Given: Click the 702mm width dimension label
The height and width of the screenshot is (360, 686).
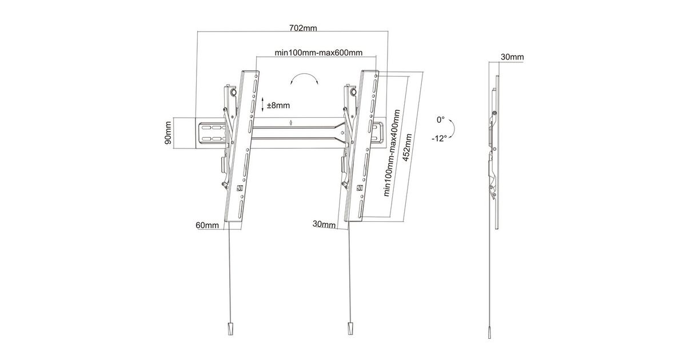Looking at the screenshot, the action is (303, 28).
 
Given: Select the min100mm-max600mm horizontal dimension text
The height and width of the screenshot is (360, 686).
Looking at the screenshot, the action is (318, 53).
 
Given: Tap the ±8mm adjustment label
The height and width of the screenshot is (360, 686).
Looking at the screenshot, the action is (278, 106).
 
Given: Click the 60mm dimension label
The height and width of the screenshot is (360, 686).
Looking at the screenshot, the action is (208, 225).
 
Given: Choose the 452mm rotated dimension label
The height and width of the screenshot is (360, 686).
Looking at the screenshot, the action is (408, 148).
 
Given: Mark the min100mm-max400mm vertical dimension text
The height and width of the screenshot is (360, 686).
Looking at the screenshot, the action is (392, 153).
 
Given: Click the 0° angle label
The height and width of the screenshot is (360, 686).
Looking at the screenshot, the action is (440, 119).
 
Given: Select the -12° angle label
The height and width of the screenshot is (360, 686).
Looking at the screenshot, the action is (439, 138).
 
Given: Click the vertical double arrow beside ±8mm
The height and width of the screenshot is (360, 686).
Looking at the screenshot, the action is (262, 105).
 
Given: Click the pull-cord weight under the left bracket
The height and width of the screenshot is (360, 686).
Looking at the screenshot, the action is (230, 329).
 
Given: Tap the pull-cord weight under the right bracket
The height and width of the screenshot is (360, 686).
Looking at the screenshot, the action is (350, 329).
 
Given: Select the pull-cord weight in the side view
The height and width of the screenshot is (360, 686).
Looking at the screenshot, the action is (489, 333).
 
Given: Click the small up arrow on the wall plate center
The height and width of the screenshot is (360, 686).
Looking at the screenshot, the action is (290, 123).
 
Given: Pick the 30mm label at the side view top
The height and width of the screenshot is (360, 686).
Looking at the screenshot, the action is (512, 57).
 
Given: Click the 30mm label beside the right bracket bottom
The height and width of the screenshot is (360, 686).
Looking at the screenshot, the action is (324, 224).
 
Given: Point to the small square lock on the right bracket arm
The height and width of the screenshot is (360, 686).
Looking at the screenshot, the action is (360, 187).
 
